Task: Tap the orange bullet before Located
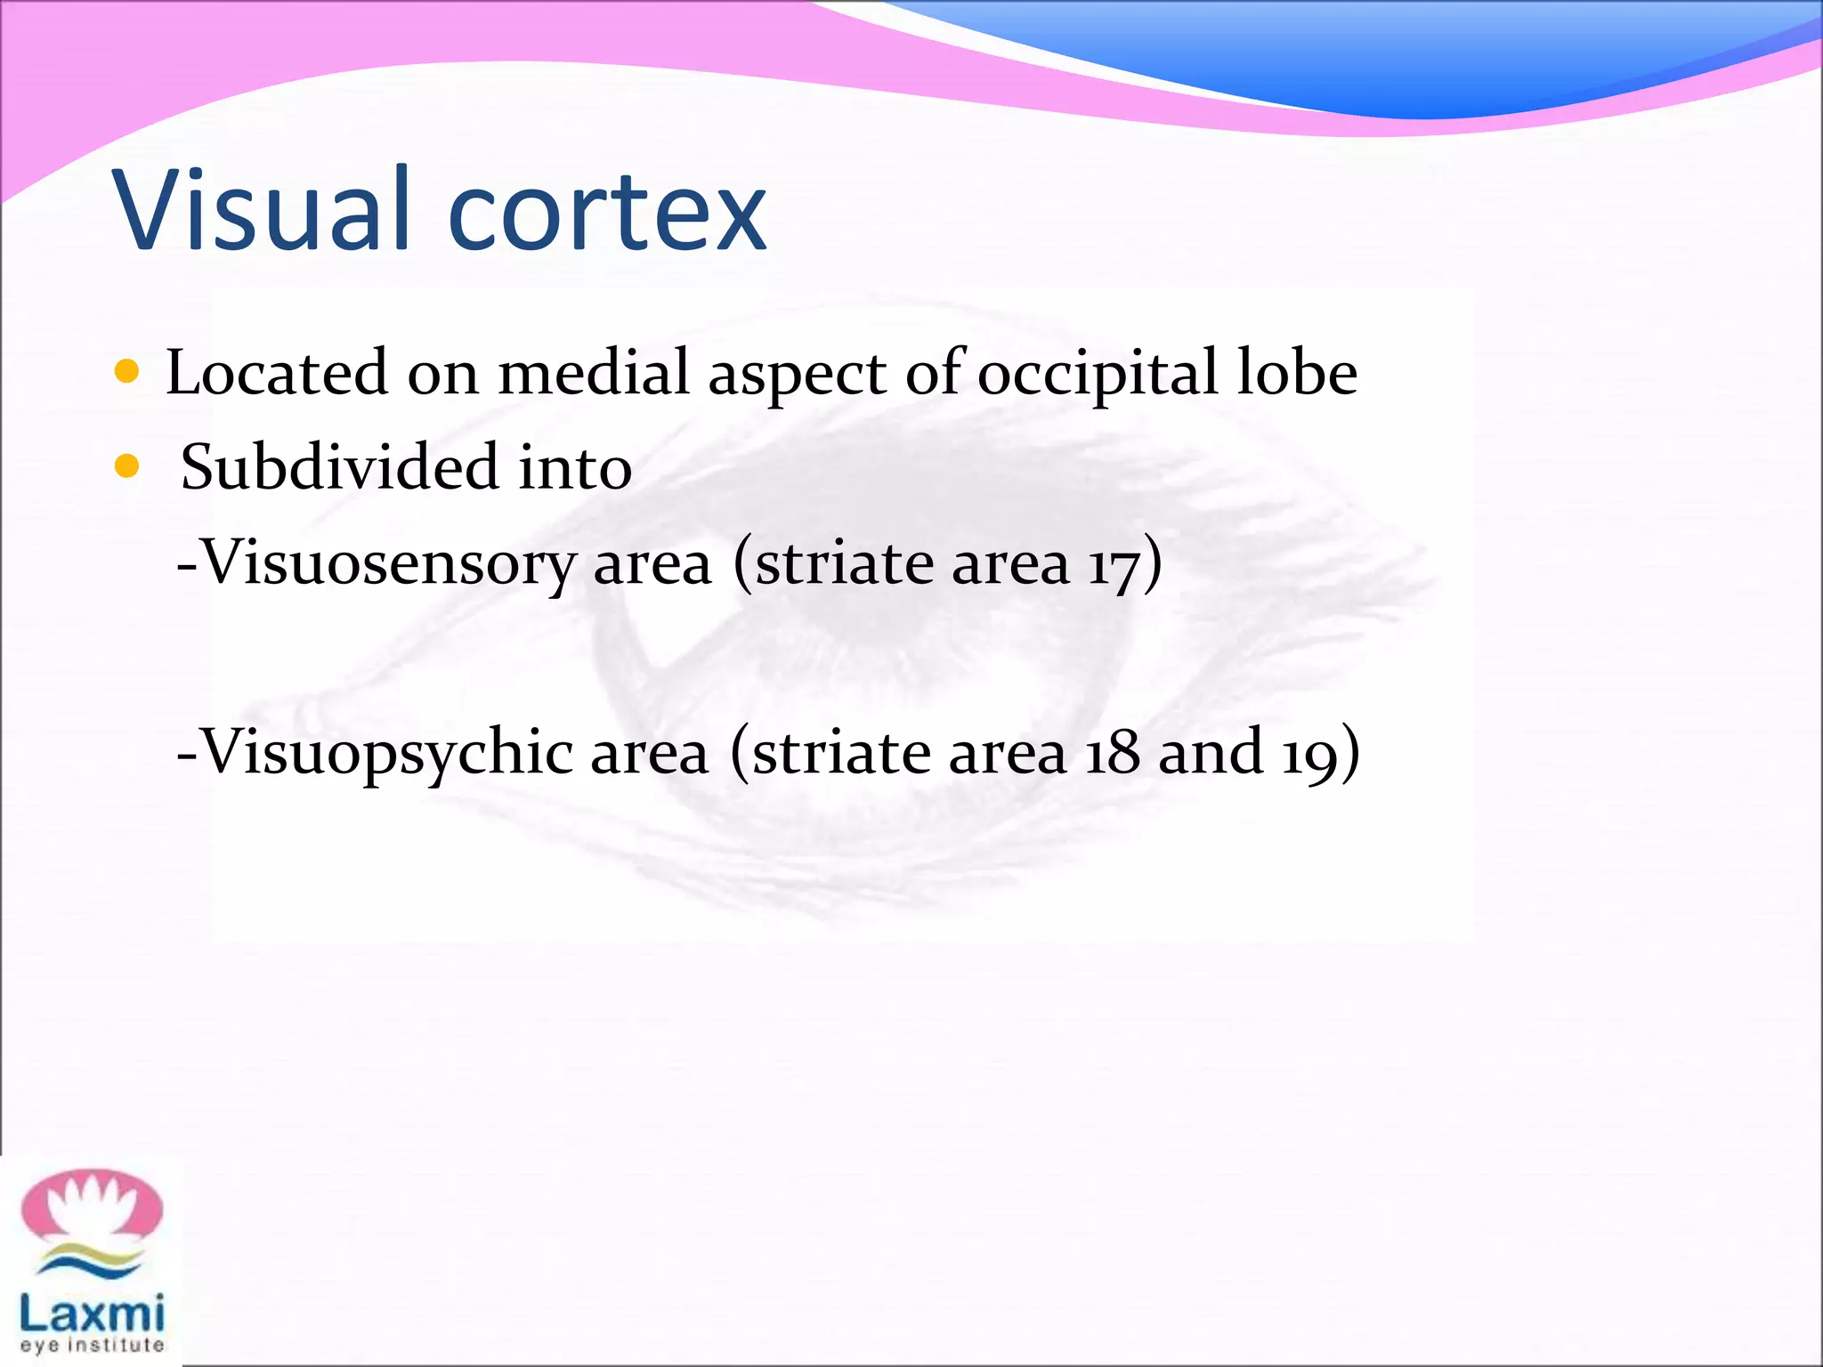(127, 371)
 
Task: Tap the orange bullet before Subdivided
(127, 465)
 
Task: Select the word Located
(277, 372)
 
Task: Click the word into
(575, 468)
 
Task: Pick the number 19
(1309, 753)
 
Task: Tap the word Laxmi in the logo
(92, 1314)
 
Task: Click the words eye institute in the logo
(92, 1345)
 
